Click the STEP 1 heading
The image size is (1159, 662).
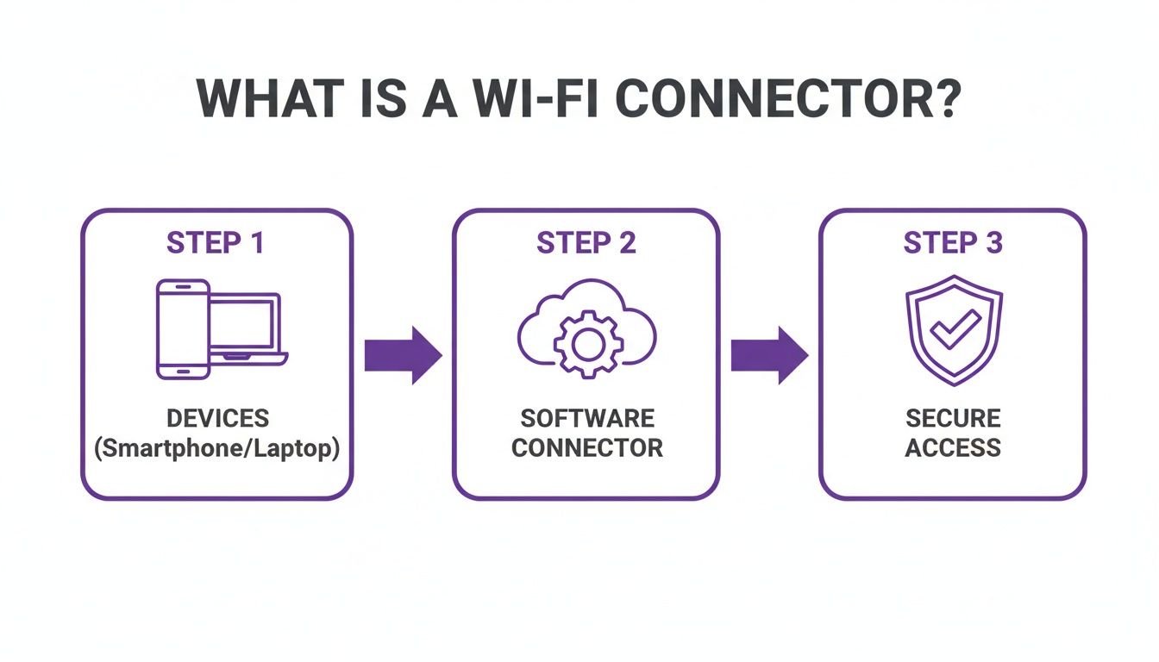216,243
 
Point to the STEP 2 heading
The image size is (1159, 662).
586,243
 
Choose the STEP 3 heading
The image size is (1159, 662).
953,243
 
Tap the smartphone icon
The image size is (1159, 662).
183,328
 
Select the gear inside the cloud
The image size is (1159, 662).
586,344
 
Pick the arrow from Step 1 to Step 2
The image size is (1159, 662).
403,354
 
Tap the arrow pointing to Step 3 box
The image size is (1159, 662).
769,354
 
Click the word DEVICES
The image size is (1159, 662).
217,419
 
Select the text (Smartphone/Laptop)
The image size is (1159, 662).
217,448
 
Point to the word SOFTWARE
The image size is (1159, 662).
587,419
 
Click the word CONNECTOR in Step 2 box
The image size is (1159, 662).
587,448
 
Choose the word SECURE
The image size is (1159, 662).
953,419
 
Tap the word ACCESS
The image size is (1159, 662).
953,448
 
